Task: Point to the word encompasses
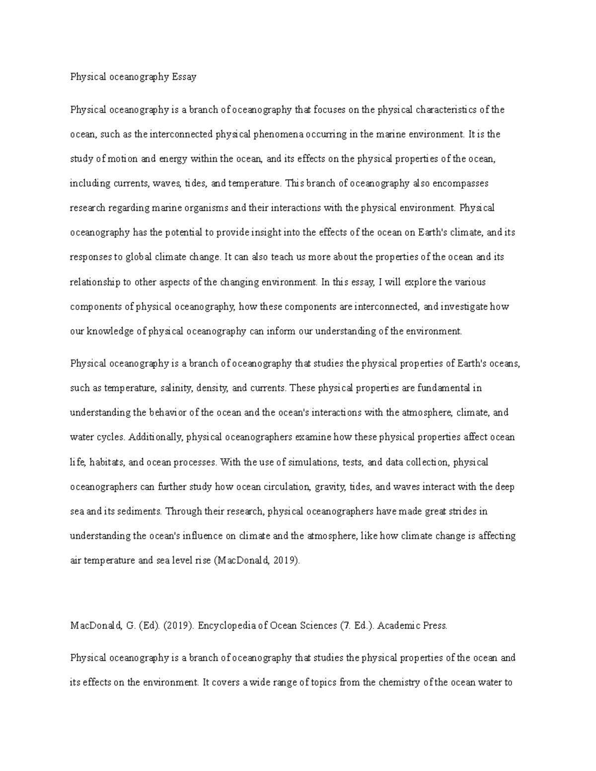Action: click(x=460, y=183)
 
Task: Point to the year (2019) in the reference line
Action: click(x=177, y=626)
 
